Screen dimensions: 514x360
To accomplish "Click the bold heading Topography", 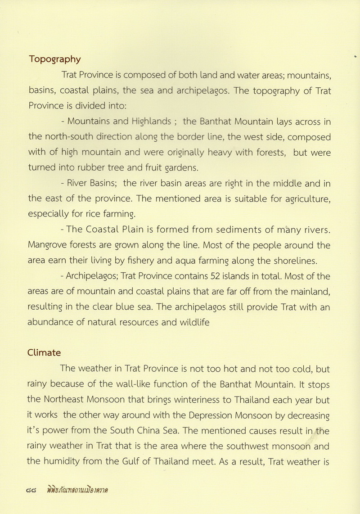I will point(55,59).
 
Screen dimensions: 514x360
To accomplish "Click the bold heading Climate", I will point(45,352).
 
